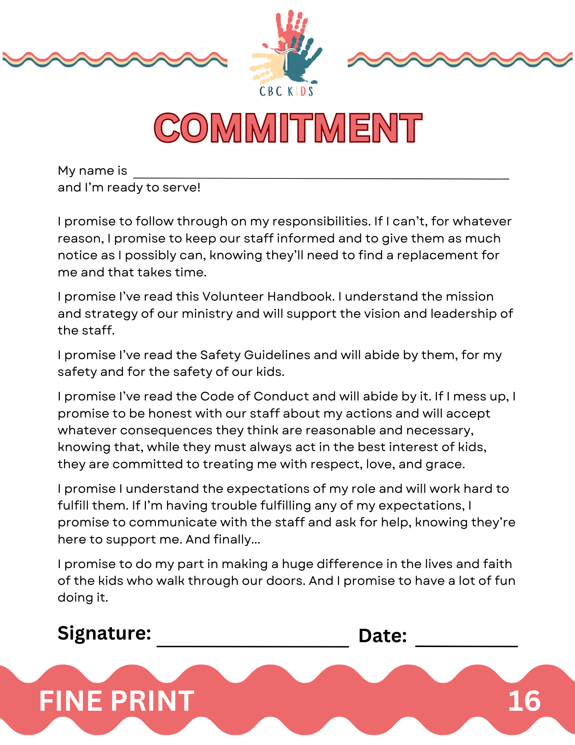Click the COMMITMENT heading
[288, 128]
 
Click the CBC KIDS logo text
[286, 92]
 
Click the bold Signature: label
[104, 633]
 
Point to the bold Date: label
[383, 636]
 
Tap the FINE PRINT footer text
[116, 701]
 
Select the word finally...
[235, 539]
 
